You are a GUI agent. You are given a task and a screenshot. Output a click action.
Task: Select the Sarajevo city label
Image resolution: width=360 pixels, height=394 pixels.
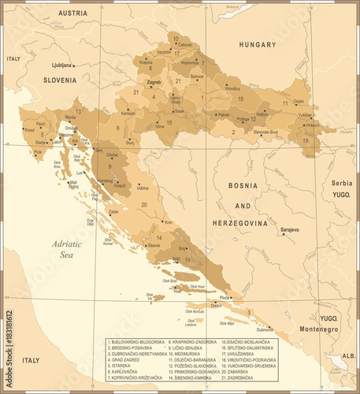[289, 229]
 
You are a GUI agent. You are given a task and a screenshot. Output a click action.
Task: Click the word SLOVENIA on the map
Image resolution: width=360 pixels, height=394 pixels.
[60, 80]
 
